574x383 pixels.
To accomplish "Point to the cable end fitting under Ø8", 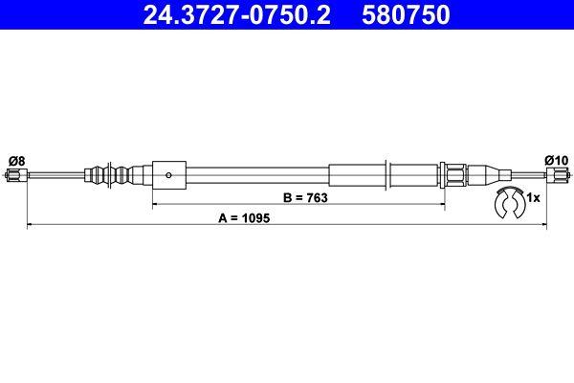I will coord(14,175).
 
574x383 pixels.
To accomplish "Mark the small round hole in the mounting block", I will coord(168,175).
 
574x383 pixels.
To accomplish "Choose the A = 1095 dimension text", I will coord(245,218).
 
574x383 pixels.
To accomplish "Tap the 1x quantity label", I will coord(534,197).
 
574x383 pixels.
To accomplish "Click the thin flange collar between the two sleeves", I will coord(386,175).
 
